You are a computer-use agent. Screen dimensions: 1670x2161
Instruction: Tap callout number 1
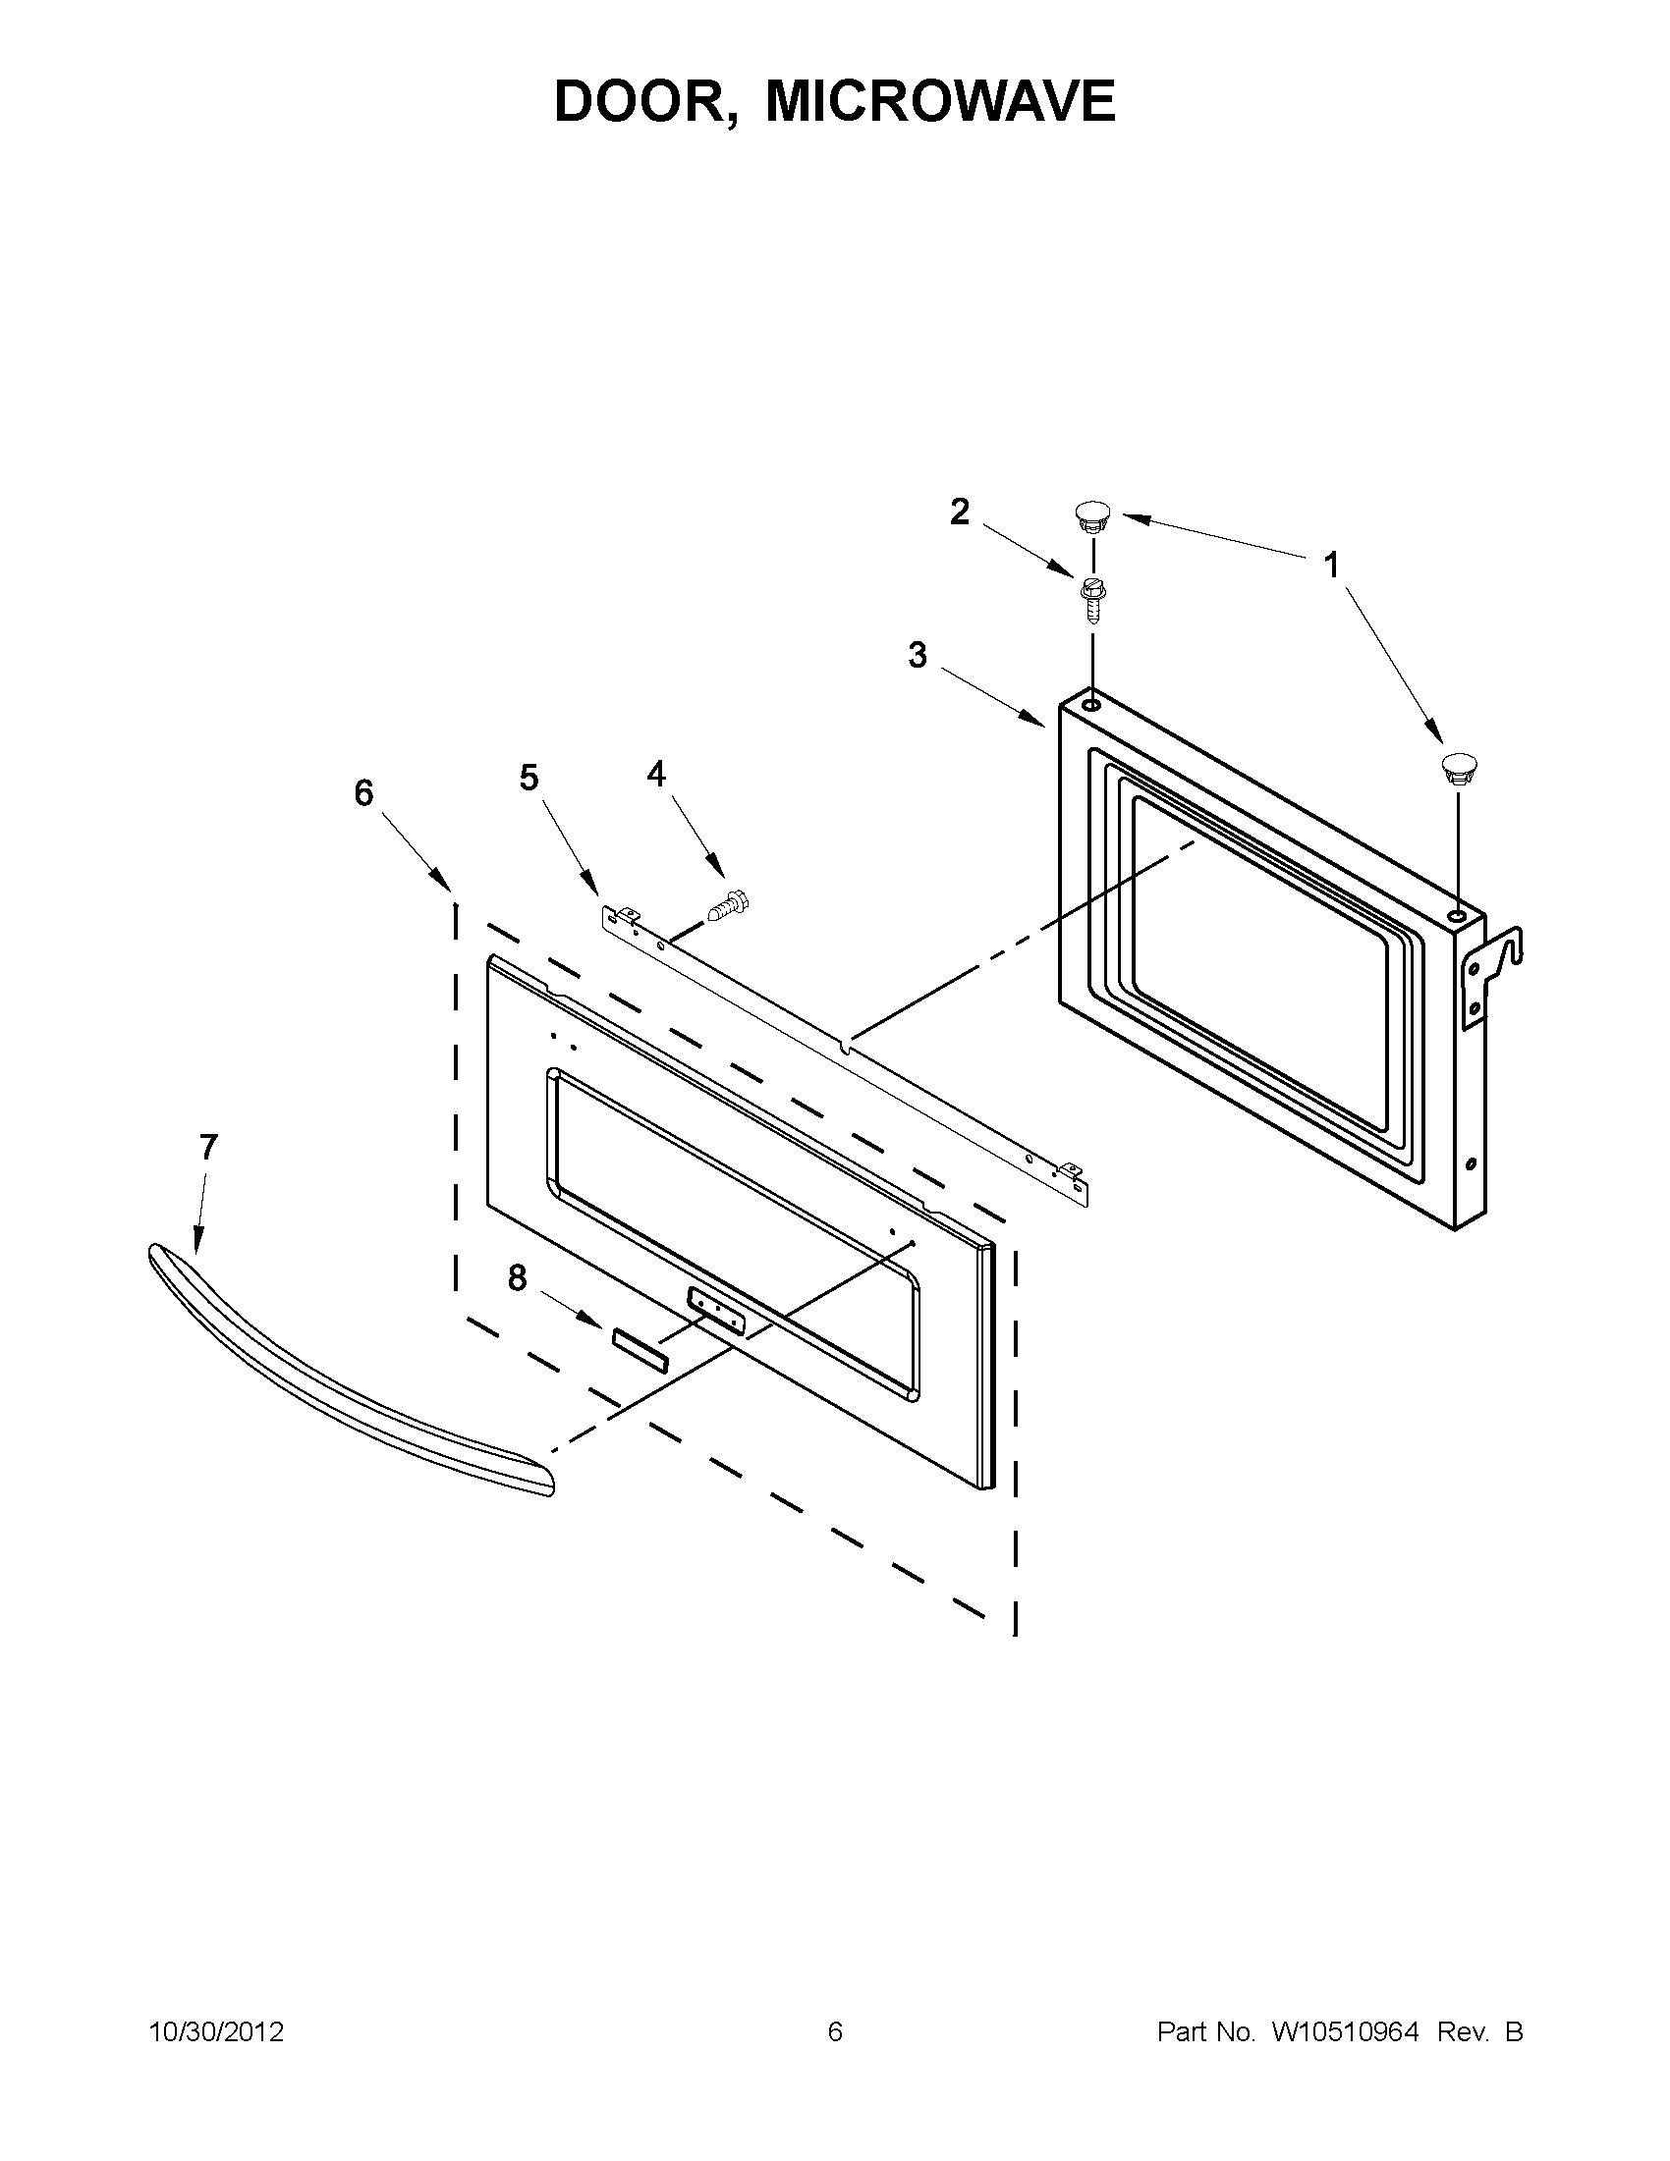(x=1331, y=565)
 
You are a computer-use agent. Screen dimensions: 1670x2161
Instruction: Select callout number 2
(x=959, y=512)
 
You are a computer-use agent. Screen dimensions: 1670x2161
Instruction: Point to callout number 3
(x=918, y=655)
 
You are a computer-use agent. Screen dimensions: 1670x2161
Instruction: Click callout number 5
(x=529, y=778)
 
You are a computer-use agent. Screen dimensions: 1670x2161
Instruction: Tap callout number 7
(x=207, y=1147)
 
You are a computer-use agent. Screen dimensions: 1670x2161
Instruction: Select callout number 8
(x=517, y=1278)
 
